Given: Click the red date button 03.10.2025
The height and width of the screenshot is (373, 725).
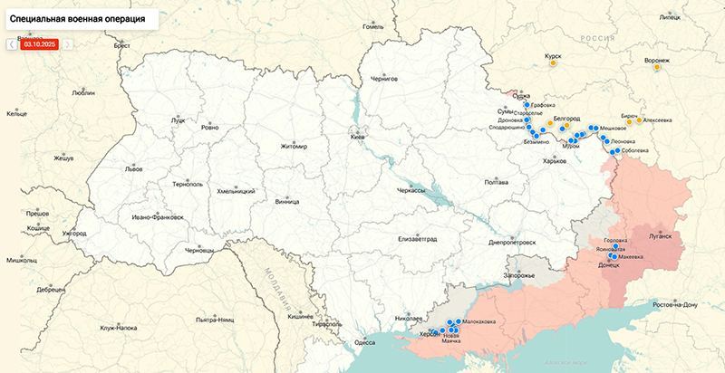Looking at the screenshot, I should point(40,43).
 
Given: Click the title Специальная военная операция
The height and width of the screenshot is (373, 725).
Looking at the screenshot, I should point(80,18).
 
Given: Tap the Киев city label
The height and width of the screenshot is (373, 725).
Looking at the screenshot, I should point(358,137).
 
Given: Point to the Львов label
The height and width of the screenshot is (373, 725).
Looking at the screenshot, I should point(133,169).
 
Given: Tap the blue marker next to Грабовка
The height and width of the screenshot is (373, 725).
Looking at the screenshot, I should point(527,105).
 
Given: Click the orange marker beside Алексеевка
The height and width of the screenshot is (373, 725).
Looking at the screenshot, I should point(639,120).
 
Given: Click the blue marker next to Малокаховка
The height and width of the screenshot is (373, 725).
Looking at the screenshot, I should point(457,321).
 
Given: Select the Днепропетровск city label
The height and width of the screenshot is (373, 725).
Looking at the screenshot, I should point(512,243).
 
